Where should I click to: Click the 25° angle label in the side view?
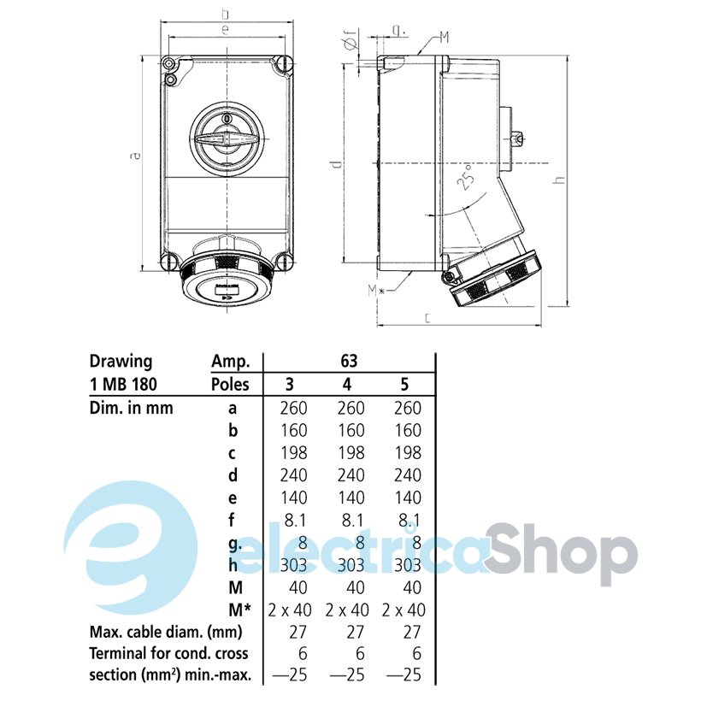click(466, 178)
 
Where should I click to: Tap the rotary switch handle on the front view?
click(226, 138)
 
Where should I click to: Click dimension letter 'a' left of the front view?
click(134, 156)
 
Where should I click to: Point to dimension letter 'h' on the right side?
click(559, 180)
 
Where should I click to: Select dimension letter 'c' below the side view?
click(427, 318)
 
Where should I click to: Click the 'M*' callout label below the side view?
click(376, 291)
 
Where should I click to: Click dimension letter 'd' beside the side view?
click(337, 163)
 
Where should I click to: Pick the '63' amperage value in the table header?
click(349, 361)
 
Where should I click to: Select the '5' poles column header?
click(404, 385)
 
